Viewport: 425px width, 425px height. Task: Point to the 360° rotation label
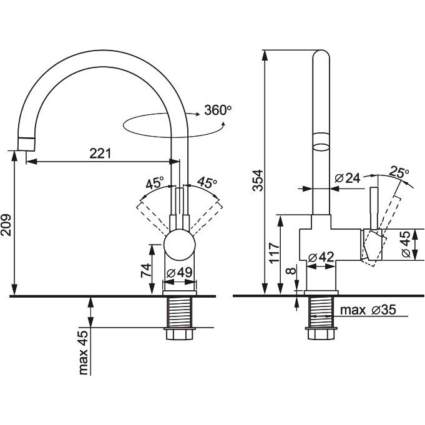click(x=218, y=110)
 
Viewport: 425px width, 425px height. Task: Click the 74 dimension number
click(x=145, y=270)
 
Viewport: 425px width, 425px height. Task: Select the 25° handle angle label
click(x=400, y=171)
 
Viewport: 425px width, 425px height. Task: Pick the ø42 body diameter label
click(x=321, y=256)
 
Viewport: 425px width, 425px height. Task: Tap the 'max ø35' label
click(x=368, y=310)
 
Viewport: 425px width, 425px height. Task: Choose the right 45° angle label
click(x=207, y=183)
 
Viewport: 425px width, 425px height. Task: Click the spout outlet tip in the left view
click(x=27, y=143)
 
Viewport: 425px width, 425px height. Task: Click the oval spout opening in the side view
click(x=321, y=142)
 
